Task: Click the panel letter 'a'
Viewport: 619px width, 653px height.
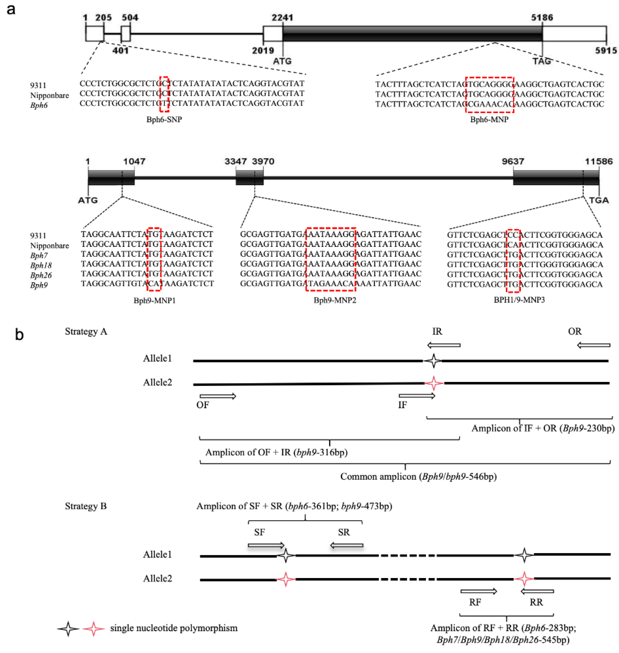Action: pyautogui.click(x=11, y=10)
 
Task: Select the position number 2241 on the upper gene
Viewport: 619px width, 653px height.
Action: pyautogui.click(x=283, y=17)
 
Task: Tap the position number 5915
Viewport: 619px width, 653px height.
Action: pyautogui.click(x=606, y=50)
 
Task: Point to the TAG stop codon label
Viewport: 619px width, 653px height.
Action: pyautogui.click(x=542, y=61)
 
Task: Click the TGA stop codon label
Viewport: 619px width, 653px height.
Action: pyautogui.click(x=599, y=200)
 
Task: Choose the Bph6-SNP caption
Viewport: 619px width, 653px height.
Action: pyautogui.click(x=164, y=119)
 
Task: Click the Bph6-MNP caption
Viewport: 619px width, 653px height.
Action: pyautogui.click(x=489, y=119)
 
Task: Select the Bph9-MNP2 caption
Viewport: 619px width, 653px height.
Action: pyautogui.click(x=335, y=300)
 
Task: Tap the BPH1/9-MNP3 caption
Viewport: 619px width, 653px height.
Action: pyautogui.click(x=519, y=300)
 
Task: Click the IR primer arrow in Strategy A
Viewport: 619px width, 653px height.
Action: pyautogui.click(x=443, y=345)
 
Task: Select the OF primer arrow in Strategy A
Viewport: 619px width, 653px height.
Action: pyautogui.click(x=218, y=396)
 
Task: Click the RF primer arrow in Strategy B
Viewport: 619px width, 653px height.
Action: pyautogui.click(x=478, y=591)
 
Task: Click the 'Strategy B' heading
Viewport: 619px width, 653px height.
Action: pyautogui.click(x=86, y=506)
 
